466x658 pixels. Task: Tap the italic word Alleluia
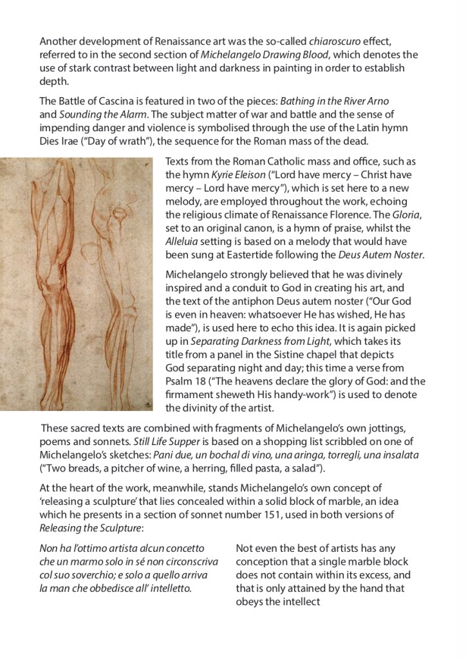pyautogui.click(x=187, y=242)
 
